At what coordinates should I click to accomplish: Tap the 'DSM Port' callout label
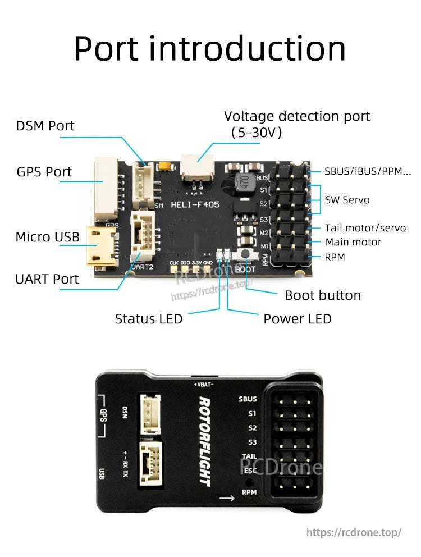(45, 126)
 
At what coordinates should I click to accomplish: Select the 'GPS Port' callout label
(44, 172)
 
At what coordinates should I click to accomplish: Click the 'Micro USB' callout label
(48, 237)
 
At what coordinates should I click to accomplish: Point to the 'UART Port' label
(47, 279)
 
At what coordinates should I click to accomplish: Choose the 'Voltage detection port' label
(297, 116)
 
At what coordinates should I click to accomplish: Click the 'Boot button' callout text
(323, 295)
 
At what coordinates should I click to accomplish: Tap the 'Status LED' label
(149, 319)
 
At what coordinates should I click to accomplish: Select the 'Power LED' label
(298, 319)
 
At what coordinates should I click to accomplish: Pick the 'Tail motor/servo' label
(365, 228)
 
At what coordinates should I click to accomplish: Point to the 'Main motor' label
(353, 242)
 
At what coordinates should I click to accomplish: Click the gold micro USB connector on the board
(101, 246)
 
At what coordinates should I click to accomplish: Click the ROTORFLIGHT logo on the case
(204, 442)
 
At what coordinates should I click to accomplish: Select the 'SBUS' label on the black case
(248, 399)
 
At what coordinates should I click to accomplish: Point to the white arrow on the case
(227, 497)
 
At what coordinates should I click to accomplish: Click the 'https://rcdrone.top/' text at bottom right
(354, 532)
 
